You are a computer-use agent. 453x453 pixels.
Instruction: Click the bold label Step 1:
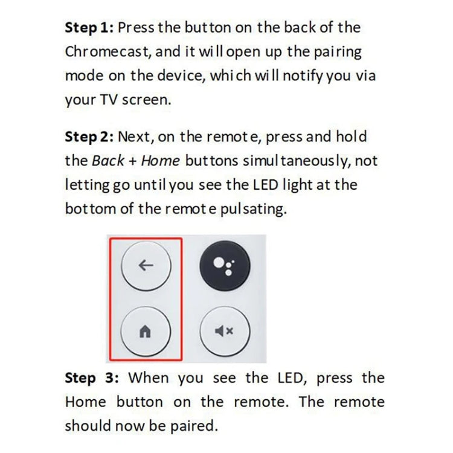89,28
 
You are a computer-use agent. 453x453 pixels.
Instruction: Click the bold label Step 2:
89,137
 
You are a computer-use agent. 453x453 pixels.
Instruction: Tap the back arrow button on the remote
146,265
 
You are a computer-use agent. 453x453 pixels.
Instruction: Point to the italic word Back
108,161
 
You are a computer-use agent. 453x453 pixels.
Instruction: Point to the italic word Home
160,161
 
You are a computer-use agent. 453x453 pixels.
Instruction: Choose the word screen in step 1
149,100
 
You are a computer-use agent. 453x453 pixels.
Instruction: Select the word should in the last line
89,426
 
